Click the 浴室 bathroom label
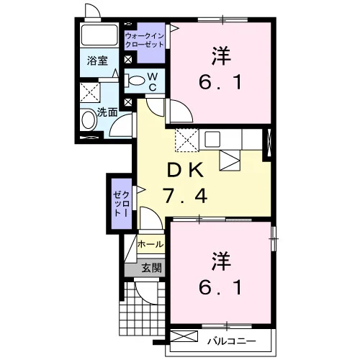pos(97,60)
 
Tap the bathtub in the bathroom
pos(99,35)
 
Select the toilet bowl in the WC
pos(134,81)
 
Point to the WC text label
pos(153,82)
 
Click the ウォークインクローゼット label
pos(145,40)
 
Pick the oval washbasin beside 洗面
pos(88,120)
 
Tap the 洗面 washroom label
pos(107,112)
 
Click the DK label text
pos(185,170)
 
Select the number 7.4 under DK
pos(185,196)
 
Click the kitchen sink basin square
pos(212,139)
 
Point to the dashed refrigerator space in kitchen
pos(187,140)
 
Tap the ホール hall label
pos(150,244)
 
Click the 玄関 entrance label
pos(152,268)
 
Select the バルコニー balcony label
pos(232,341)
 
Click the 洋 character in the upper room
pos(221,56)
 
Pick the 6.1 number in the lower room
pos(220,287)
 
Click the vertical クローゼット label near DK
pos(122,204)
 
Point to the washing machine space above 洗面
pos(89,93)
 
